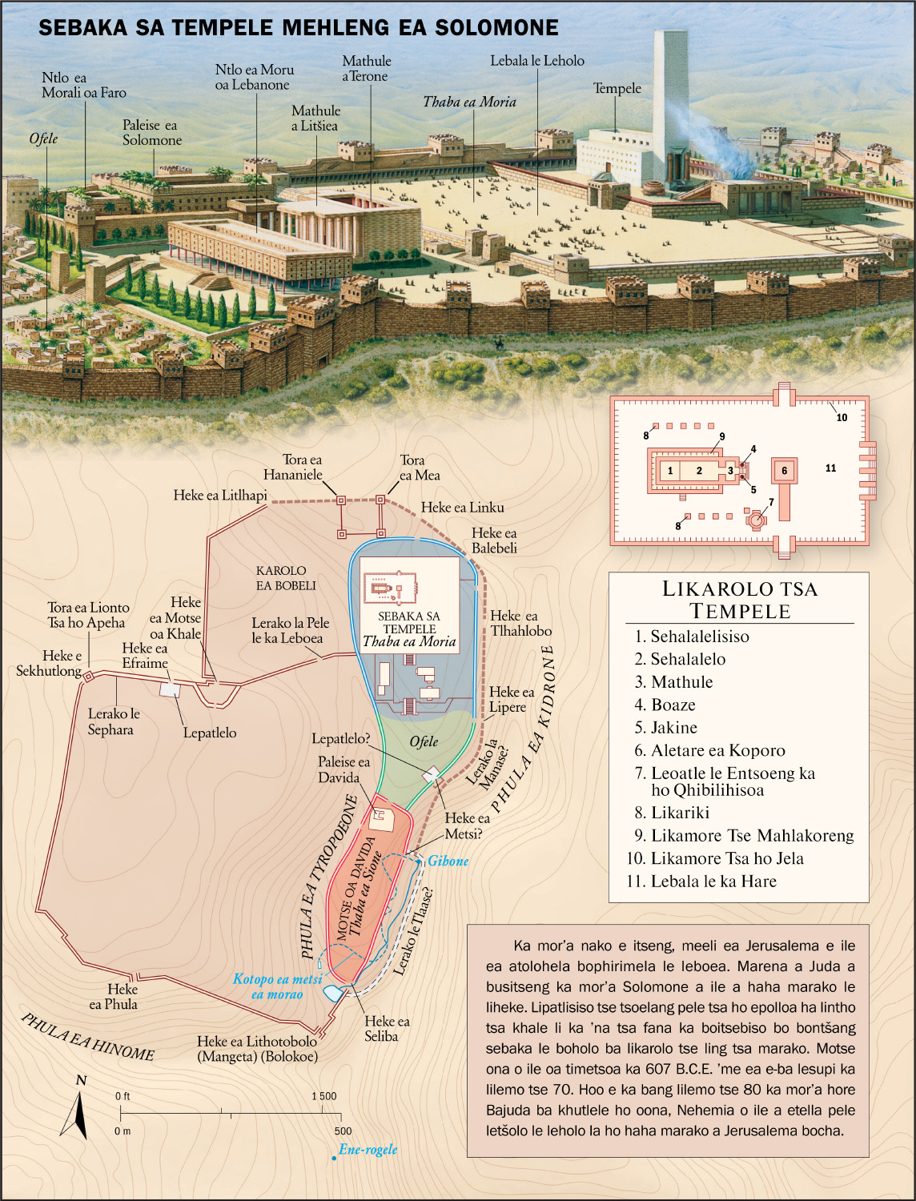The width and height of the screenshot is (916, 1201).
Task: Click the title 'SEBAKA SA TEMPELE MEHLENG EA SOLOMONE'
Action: [299, 28]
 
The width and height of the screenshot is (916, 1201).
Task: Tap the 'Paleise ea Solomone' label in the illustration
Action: [151, 133]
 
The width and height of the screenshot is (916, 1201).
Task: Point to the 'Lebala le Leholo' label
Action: [536, 61]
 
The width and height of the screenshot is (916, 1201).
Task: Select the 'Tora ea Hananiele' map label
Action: [293, 468]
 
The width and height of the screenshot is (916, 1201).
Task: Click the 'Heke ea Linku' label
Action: [462, 508]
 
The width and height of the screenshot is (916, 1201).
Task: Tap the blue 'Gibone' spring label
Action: [448, 862]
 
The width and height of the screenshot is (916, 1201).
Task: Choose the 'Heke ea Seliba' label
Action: [387, 1029]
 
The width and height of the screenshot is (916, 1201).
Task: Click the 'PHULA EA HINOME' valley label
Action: [87, 1037]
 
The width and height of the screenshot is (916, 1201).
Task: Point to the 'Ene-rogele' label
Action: [368, 1150]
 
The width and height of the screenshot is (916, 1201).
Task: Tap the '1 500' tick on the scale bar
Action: [323, 1097]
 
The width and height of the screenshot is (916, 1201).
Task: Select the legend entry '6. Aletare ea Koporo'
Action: [717, 751]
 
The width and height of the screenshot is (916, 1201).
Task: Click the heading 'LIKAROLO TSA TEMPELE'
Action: [739, 600]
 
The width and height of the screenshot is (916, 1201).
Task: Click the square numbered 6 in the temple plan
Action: [784, 471]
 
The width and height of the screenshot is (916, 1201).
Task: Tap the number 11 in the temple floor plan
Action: [830, 468]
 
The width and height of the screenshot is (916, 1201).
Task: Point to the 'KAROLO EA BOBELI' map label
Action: [285, 578]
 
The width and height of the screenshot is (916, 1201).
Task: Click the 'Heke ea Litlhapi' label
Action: [220, 496]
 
